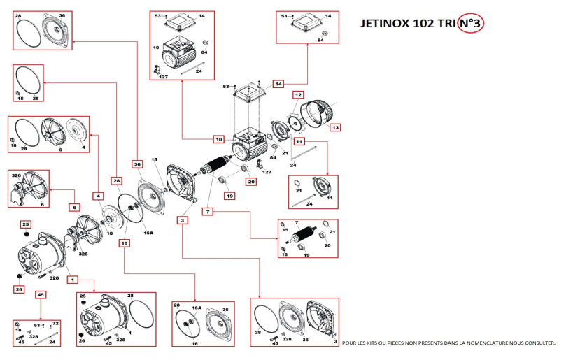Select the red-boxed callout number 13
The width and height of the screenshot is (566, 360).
(335, 128)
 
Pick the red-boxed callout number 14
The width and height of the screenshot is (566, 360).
(278, 84)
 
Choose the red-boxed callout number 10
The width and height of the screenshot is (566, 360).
(218, 139)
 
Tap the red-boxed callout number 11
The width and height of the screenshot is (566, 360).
(299, 141)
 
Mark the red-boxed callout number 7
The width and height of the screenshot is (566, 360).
(208, 210)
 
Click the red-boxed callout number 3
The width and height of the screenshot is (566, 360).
(183, 221)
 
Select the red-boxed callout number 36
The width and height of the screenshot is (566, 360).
(136, 164)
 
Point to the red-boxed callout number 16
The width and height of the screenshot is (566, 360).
(124, 244)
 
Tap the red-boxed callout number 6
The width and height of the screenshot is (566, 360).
(73, 207)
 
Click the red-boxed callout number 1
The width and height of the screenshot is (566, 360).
(71, 279)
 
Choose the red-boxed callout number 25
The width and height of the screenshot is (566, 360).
(26, 224)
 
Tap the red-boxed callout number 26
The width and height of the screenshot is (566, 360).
(19, 289)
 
